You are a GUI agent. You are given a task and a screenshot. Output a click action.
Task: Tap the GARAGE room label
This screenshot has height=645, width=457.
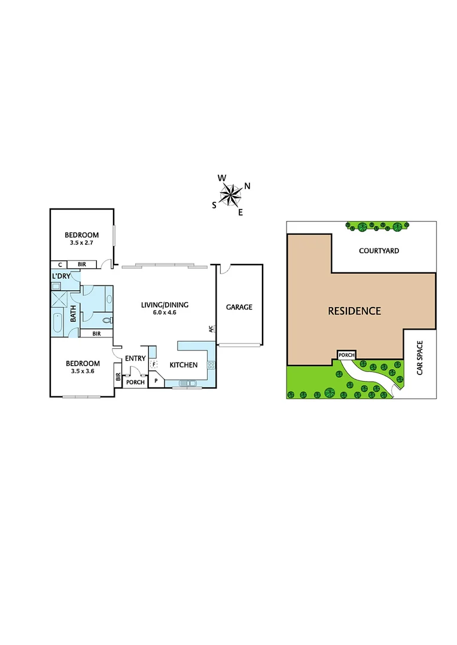(x=239, y=307)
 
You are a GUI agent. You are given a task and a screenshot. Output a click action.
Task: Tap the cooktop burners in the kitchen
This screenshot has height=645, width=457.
(x=211, y=365)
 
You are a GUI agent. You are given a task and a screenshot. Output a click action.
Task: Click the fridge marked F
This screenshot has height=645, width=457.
(x=154, y=364)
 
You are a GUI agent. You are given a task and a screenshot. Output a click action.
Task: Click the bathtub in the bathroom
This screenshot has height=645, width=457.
(x=57, y=322)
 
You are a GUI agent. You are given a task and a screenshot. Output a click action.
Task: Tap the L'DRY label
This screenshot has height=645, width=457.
(x=61, y=276)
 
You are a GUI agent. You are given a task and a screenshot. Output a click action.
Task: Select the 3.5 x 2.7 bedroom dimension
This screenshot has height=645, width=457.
(x=82, y=243)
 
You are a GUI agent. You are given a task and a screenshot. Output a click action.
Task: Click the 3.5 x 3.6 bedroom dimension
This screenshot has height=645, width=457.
(x=82, y=371)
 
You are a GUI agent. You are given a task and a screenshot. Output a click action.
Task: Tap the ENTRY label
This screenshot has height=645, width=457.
(x=135, y=358)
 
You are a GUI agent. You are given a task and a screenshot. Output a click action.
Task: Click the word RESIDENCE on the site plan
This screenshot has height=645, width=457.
(x=354, y=311)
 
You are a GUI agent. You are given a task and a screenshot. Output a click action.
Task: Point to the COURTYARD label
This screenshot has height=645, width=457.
(x=379, y=251)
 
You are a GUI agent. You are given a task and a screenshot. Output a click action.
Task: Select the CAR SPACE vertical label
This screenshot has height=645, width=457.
(x=420, y=357)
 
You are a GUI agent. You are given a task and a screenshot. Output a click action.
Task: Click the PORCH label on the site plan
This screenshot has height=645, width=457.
(x=346, y=355)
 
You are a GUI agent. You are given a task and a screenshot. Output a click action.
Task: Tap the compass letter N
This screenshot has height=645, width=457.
(x=247, y=186)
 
